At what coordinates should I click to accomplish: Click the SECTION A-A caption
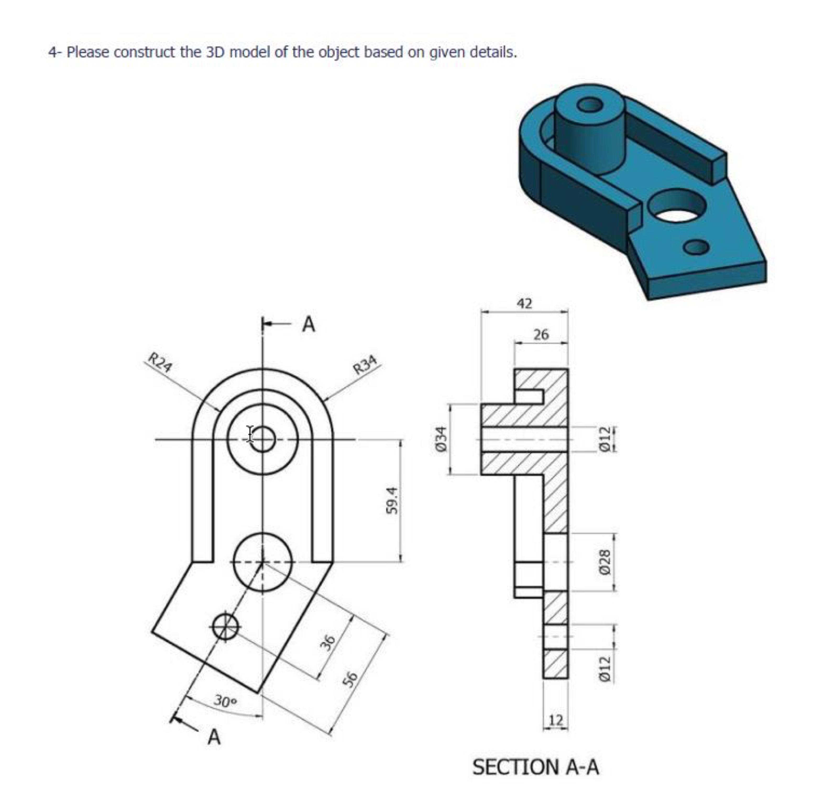point(535,767)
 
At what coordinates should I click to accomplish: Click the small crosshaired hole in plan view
point(225,626)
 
